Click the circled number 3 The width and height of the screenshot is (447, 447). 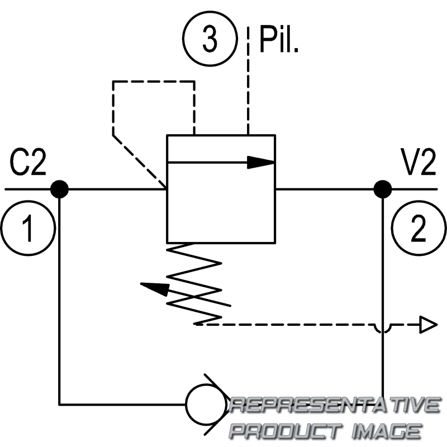pos(210,39)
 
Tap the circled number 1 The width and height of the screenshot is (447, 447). pos(28,228)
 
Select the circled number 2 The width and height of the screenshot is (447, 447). pos(419,228)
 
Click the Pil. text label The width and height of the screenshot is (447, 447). pos(279,39)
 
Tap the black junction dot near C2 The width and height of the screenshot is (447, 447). pos(59,189)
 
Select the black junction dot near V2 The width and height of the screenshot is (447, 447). pos(383,189)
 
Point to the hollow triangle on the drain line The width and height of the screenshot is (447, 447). pos(428,325)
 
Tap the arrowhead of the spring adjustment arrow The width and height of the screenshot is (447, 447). pos(155,288)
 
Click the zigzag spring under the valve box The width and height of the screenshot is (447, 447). pos(194,284)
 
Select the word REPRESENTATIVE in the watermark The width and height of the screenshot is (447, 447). pos(334,405)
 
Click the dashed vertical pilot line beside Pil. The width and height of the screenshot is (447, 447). pos(248,80)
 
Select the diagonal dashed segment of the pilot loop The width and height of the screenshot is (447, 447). pos(140,161)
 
